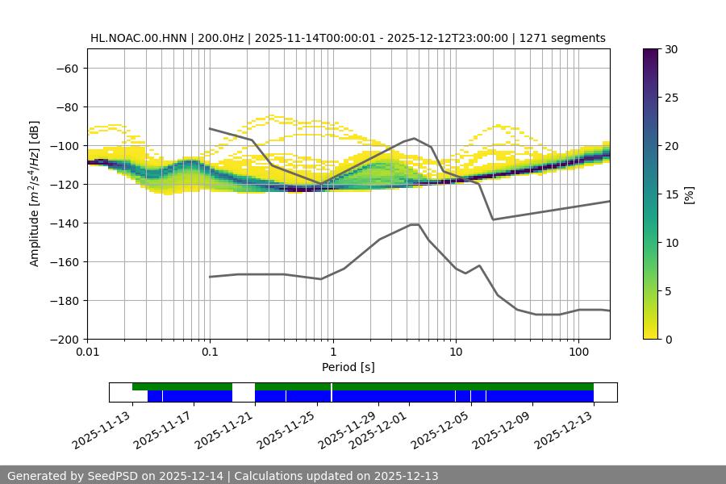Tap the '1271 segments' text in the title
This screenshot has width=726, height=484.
tap(562, 38)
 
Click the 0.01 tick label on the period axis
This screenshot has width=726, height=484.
tap(87, 353)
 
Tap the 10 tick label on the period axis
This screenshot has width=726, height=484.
tap(455, 353)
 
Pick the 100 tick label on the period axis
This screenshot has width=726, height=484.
tap(578, 353)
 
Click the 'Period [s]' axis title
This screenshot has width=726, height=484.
tap(348, 367)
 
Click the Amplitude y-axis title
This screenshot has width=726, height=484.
tap(35, 194)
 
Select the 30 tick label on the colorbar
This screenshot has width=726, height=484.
tap(671, 49)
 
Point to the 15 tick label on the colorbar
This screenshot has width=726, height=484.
tap(671, 194)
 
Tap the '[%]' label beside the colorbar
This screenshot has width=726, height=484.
tap(688, 194)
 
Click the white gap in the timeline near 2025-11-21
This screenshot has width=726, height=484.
tap(244, 392)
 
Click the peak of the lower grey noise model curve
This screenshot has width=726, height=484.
tap(415, 224)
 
